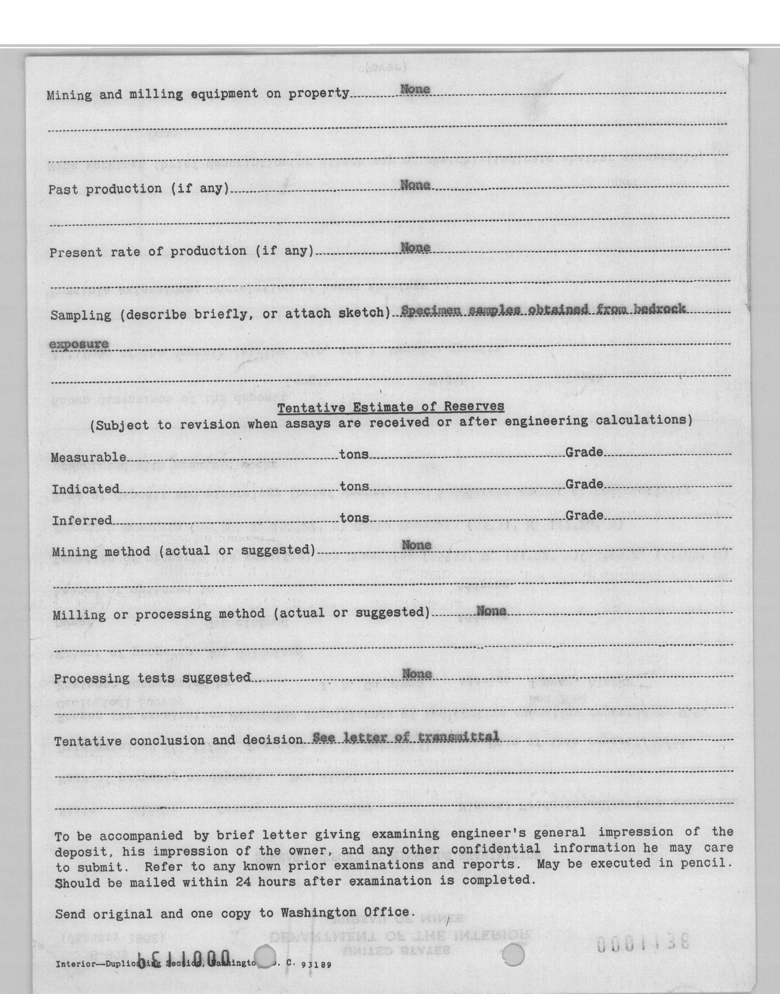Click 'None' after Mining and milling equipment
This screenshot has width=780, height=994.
click(x=415, y=89)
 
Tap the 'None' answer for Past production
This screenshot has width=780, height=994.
click(x=415, y=185)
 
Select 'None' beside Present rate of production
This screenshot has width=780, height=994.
click(x=415, y=248)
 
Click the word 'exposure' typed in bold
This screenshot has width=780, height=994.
click(x=79, y=344)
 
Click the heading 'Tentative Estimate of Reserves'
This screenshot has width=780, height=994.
click(x=391, y=407)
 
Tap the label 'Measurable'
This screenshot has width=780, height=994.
click(x=88, y=457)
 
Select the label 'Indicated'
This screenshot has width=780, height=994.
click(x=85, y=489)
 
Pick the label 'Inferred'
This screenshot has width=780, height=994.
click(x=82, y=520)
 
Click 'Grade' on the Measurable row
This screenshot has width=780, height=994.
click(x=584, y=452)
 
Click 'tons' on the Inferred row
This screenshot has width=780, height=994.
click(x=354, y=517)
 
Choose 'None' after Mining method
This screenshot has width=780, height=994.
click(x=416, y=545)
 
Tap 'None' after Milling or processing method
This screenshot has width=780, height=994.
click(x=491, y=611)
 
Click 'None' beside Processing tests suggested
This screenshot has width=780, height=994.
click(x=417, y=674)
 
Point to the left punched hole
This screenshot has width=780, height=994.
click(x=265, y=956)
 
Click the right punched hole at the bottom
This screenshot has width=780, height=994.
click(x=513, y=955)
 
